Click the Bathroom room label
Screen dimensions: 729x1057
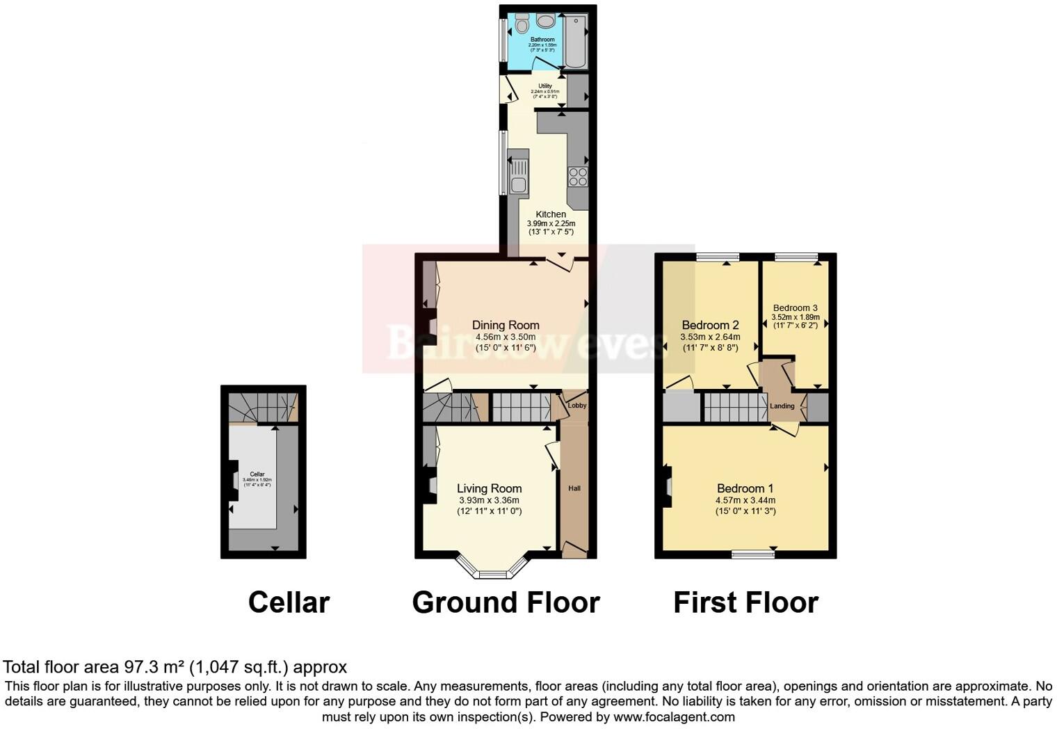(x=542, y=40)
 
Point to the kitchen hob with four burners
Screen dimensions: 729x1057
(x=577, y=177)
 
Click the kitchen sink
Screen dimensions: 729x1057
(x=518, y=175)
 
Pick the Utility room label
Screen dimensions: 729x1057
(x=544, y=86)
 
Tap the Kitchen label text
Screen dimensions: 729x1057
(x=551, y=214)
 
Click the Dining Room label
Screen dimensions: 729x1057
(x=506, y=325)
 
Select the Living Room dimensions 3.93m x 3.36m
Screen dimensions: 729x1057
(x=489, y=500)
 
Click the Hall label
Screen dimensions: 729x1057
(x=574, y=488)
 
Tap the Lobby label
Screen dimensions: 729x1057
(x=577, y=406)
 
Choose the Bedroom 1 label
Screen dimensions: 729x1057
(x=745, y=488)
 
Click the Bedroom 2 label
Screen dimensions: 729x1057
(x=710, y=325)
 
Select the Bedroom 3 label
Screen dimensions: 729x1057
(x=795, y=307)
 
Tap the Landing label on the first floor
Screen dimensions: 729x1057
(x=782, y=406)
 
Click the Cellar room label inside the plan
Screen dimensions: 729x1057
(x=257, y=474)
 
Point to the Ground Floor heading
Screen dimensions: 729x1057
(x=506, y=602)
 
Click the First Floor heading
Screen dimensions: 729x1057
(x=745, y=602)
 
